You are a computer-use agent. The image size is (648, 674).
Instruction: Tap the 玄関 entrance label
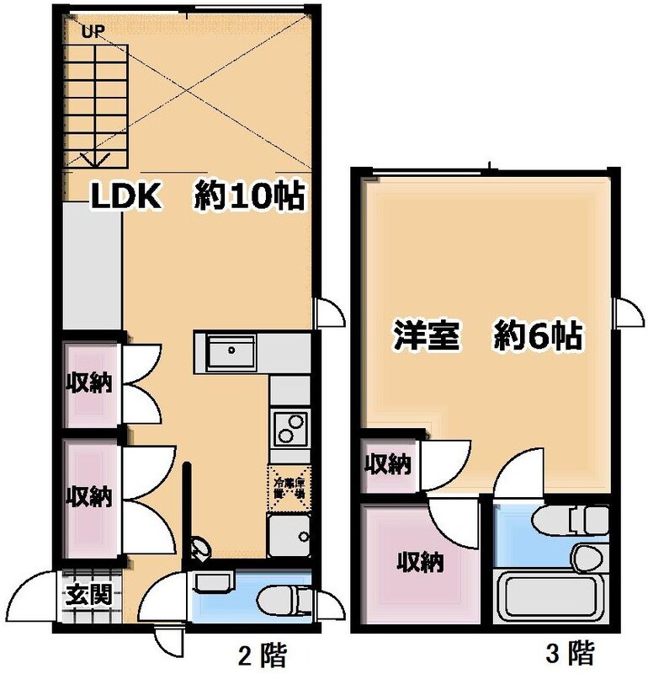(x=88, y=596)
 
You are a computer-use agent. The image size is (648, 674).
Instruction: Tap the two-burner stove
(x=290, y=427)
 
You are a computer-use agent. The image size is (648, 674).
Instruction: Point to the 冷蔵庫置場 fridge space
(x=289, y=489)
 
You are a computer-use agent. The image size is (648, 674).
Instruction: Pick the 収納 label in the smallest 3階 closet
(x=387, y=463)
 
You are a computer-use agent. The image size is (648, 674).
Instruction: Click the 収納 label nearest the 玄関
(x=89, y=497)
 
